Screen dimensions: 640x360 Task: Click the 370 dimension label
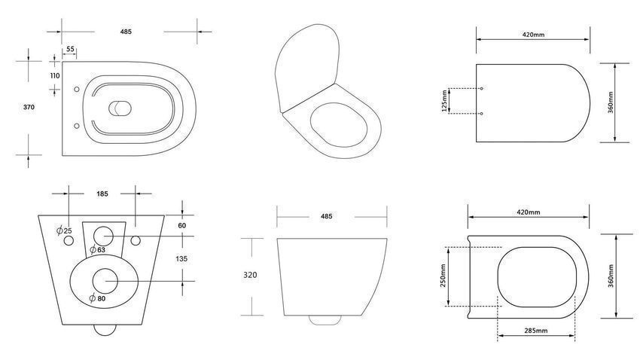point(29,108)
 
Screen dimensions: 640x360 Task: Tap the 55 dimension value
point(70,49)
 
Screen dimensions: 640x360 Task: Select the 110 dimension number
point(55,75)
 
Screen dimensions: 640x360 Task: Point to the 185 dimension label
point(102,194)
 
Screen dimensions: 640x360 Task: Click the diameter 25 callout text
point(65,230)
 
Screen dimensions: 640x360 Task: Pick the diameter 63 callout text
point(98,249)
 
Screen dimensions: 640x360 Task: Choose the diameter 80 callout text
point(98,298)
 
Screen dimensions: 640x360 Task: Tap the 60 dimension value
point(182,225)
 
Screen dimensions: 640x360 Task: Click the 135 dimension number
point(181,259)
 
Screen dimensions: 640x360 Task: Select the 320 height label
point(250,275)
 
